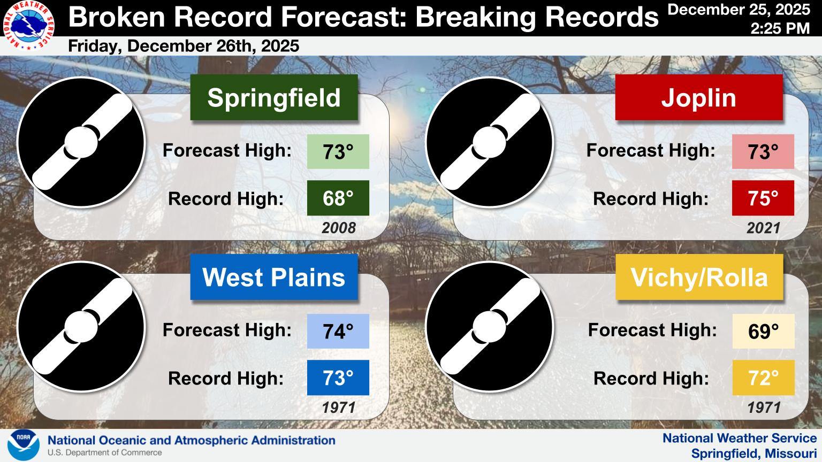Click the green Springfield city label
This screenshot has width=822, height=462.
(x=274, y=97)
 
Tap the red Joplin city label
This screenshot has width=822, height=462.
(x=699, y=97)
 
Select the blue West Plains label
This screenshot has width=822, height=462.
(x=274, y=277)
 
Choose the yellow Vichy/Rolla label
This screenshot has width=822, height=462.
(x=699, y=277)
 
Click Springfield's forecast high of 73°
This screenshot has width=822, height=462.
(x=338, y=151)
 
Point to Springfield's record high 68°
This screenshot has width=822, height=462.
(x=338, y=198)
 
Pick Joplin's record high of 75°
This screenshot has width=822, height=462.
(x=763, y=198)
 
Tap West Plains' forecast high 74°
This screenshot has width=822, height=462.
(x=338, y=331)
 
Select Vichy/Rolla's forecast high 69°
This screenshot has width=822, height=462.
(x=763, y=331)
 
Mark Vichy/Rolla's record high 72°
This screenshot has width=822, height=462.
(x=763, y=378)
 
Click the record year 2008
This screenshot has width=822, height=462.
(x=339, y=228)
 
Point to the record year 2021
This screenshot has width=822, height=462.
(x=763, y=228)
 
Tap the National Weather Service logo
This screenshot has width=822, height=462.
(x=28, y=25)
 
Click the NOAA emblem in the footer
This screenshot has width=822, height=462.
(x=24, y=445)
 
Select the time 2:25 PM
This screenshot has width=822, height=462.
(x=780, y=28)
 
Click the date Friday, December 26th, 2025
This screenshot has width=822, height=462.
(x=184, y=46)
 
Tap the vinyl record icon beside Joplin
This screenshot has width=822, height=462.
(x=490, y=142)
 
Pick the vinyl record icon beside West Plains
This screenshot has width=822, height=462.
(x=81, y=327)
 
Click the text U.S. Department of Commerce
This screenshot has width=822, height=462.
(x=104, y=452)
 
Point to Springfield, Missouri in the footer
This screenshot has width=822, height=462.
(x=754, y=453)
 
